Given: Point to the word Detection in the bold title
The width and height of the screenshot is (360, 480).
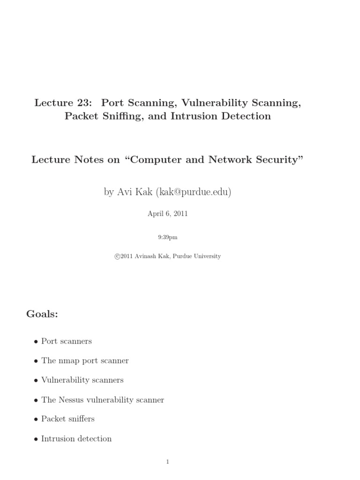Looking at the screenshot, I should click(247, 116).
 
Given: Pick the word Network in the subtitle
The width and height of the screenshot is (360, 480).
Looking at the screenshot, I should click(232, 160).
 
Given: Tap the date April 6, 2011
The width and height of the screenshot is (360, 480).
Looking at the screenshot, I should click(167, 213).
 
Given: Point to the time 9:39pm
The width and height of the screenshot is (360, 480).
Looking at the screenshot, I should click(167, 237).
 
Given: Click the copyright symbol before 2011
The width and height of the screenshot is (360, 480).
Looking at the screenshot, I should click(117, 256).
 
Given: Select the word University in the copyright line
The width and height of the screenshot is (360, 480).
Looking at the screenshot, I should click(204, 256).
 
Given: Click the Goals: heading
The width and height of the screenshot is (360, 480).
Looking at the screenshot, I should click(42, 315).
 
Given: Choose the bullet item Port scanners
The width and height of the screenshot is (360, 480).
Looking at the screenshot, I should click(66, 341).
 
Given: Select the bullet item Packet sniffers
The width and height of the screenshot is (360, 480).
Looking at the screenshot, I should click(68, 419).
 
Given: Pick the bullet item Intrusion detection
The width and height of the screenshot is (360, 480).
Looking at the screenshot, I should click(76, 439).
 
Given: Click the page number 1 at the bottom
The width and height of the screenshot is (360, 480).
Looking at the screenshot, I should click(167, 462).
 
